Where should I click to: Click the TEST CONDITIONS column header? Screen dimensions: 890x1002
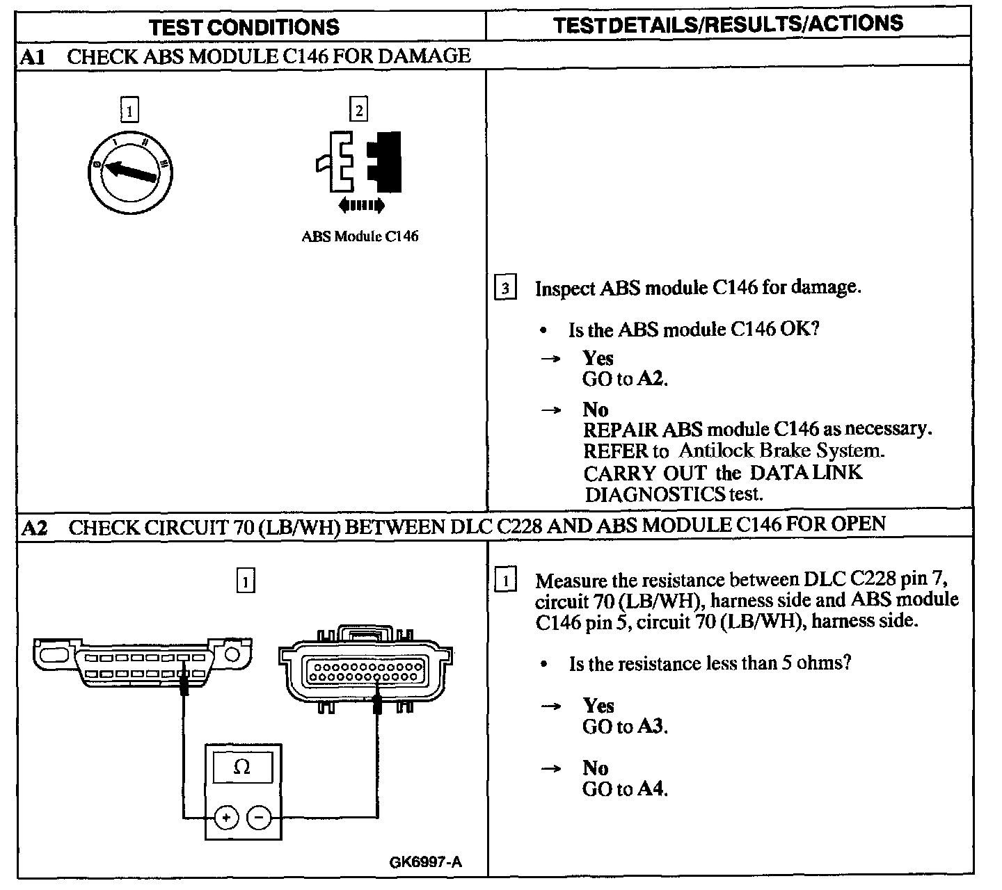pyautogui.click(x=244, y=27)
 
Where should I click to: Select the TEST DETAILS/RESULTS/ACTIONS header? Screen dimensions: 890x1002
pyautogui.click(x=728, y=25)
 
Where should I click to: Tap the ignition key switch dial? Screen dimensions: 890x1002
pyautogui.click(x=132, y=170)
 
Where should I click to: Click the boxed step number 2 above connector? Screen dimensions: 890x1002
pyautogui.click(x=358, y=110)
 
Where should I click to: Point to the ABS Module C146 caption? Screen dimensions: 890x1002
pyautogui.click(x=360, y=236)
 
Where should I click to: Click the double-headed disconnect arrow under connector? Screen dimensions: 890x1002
pyautogui.click(x=360, y=205)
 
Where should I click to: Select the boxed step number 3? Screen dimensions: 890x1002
pyautogui.click(x=505, y=287)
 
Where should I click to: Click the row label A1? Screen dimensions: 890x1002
pyautogui.click(x=33, y=57)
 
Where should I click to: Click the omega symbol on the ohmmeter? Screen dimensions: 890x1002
pyautogui.click(x=242, y=768)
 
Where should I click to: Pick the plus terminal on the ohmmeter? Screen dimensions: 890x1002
pyautogui.click(x=225, y=818)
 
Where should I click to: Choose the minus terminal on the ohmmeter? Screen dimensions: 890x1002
pyautogui.click(x=259, y=818)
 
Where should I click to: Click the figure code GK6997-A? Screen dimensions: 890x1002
pyautogui.click(x=425, y=863)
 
